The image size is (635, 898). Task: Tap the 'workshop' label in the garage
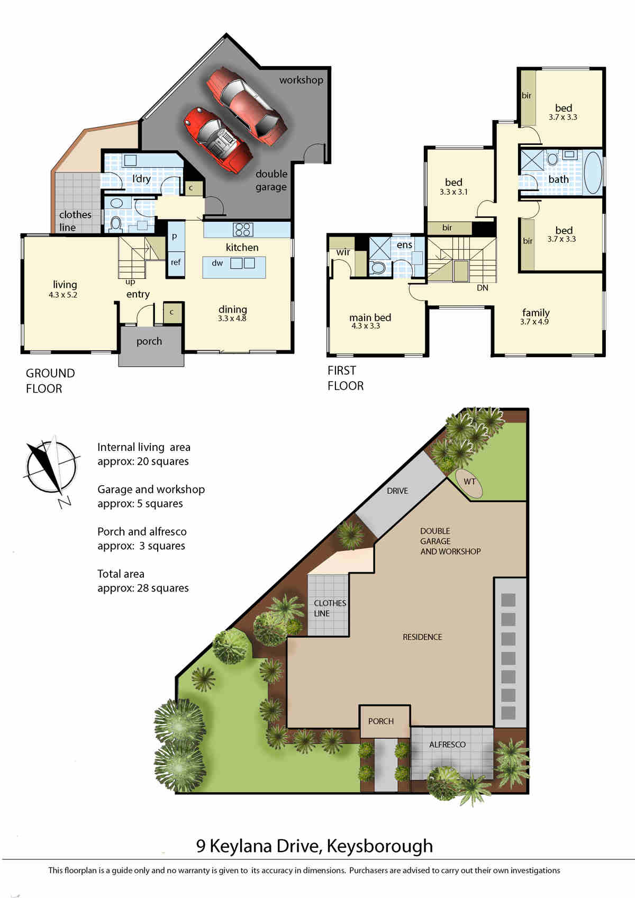pos(302,80)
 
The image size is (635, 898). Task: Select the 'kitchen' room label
pos(242,247)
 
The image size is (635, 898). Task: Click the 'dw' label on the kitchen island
pos(217,263)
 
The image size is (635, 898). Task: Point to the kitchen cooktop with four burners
pos(242,229)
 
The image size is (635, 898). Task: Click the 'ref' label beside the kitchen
pos(176,262)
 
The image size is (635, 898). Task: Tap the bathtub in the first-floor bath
pos(593,173)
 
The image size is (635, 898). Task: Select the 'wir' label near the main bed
pos(343,252)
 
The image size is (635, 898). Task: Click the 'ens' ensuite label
pos(404,244)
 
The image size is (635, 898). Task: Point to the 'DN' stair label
pos(482,288)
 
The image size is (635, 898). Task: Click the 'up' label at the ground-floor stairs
pos(130,282)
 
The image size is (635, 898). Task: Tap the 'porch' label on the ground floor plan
pos(149,341)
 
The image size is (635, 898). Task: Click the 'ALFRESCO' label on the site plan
pos(447,745)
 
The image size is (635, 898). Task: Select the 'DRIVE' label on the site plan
pos(397,491)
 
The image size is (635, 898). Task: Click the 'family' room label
pos(536,312)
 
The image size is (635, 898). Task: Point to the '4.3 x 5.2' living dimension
pos(63,295)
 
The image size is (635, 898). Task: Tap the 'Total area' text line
pos(121,574)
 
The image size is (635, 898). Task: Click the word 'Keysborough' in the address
pos(379,846)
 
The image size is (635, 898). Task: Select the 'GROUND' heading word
pos(50,373)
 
